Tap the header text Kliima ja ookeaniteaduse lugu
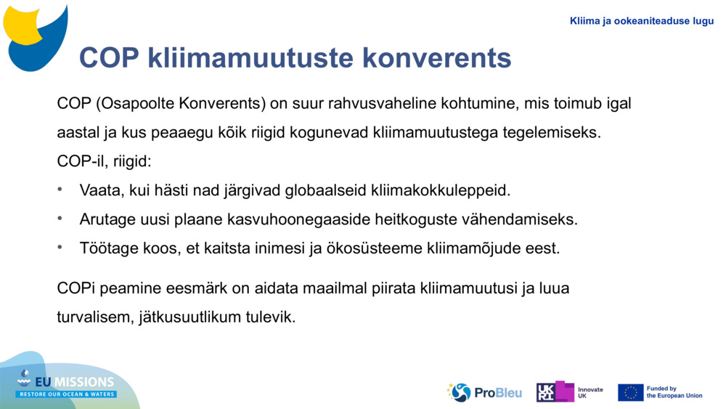[642, 21]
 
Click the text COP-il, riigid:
[104, 160]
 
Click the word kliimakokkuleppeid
[441, 190]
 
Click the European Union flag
[630, 392]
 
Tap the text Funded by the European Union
[674, 392]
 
